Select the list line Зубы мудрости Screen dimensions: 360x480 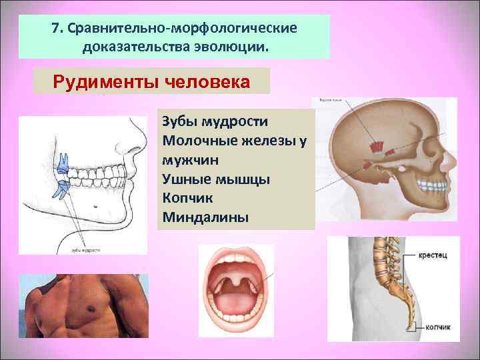(214, 122)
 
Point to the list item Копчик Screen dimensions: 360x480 (183, 199)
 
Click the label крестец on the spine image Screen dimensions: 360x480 (433, 255)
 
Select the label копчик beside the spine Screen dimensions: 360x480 (436, 327)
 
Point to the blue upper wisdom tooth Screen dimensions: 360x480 (63, 161)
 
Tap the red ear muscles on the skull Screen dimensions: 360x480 (377, 146)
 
